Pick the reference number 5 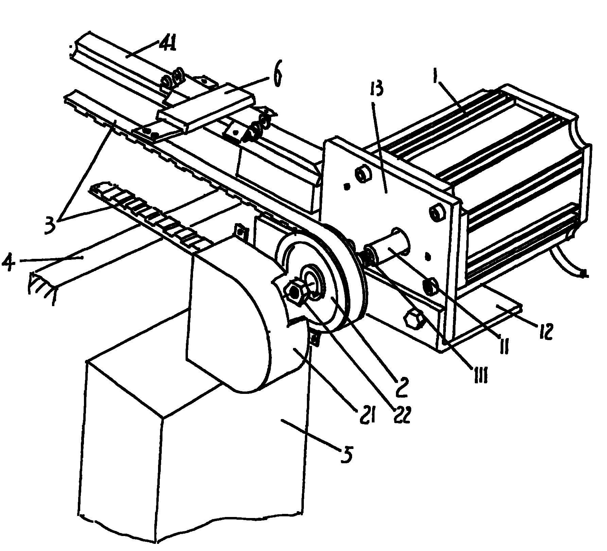point(346,455)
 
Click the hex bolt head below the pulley point(413,319)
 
